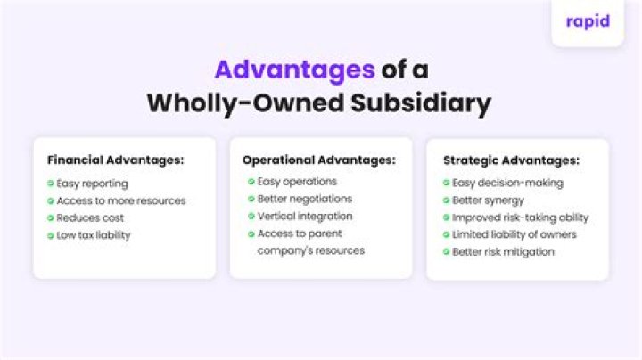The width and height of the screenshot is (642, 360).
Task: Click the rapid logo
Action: [x=588, y=20]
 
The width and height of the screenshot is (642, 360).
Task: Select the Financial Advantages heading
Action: [x=116, y=160]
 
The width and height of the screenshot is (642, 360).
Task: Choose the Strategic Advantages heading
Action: [x=511, y=161]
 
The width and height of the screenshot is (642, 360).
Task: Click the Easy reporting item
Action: [x=93, y=184]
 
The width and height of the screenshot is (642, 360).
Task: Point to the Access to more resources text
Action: [x=121, y=200]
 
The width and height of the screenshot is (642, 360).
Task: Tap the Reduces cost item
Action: [x=90, y=217]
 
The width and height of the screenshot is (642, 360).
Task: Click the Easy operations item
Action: [x=297, y=182]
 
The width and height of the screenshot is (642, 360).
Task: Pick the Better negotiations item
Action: [x=305, y=199]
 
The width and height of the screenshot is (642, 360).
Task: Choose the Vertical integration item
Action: [x=305, y=216]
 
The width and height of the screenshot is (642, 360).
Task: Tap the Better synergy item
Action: [x=488, y=200]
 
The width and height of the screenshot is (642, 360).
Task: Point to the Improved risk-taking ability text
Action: [x=521, y=217]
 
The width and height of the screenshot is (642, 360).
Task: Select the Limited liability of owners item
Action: [x=514, y=234]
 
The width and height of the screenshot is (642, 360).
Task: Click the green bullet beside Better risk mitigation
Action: [x=445, y=252]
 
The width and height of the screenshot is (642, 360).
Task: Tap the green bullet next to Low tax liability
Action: [x=50, y=235]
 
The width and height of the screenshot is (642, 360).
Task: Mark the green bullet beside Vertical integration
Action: [x=251, y=217]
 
